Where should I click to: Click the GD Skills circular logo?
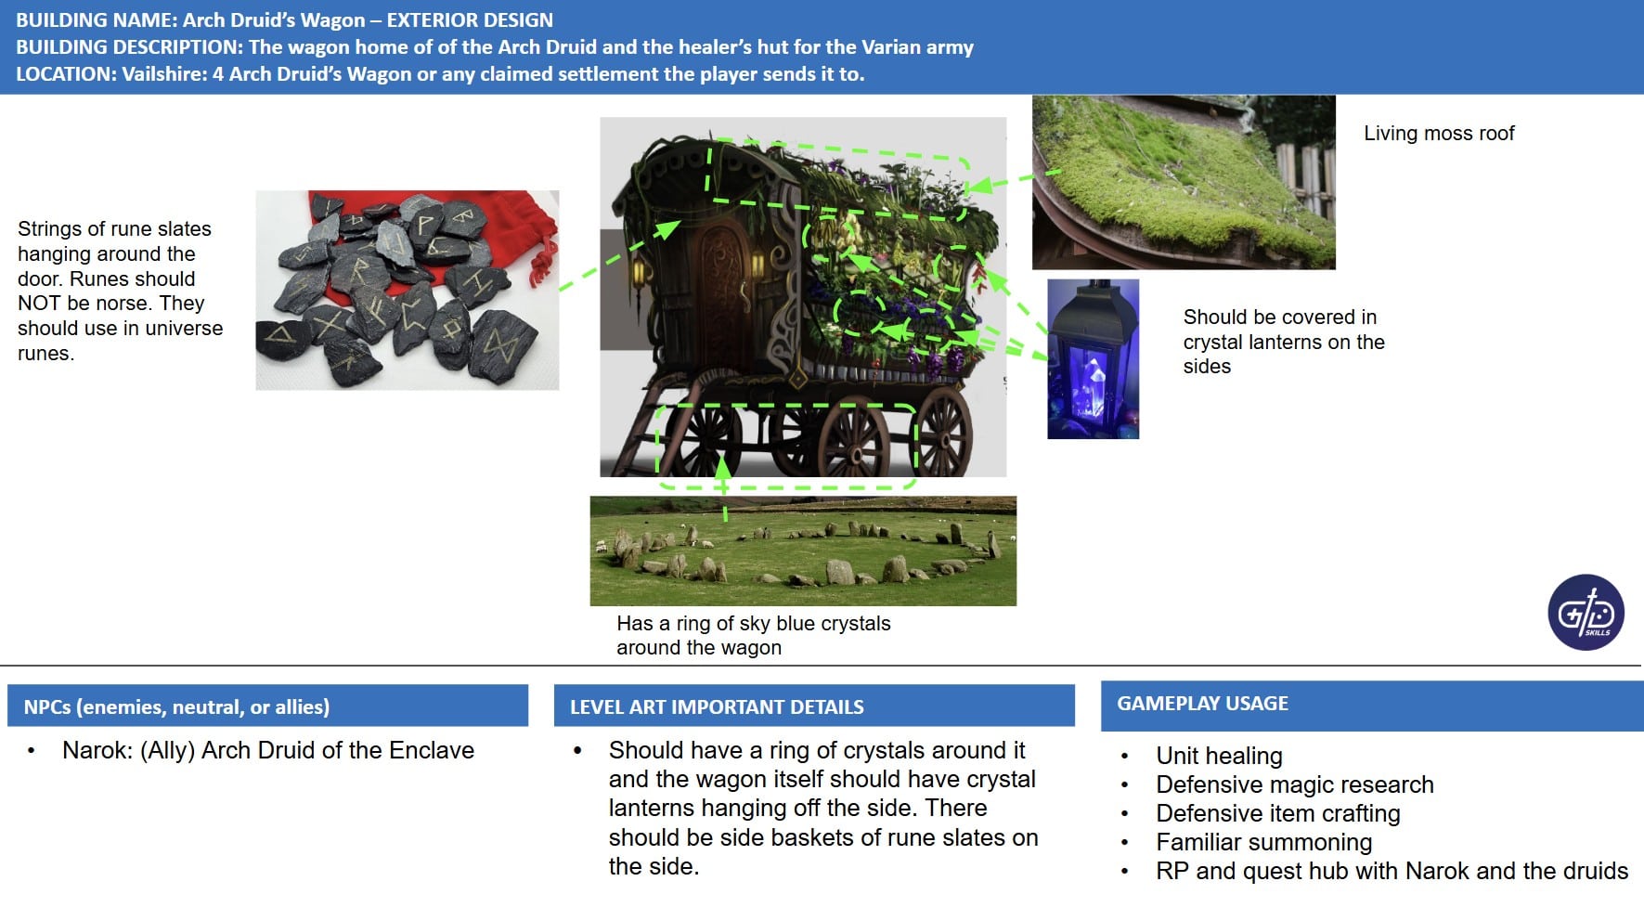[1586, 612]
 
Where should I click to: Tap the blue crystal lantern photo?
[1093, 358]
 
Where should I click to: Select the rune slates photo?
[407, 290]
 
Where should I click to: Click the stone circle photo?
[803, 551]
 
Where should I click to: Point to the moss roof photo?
[1184, 182]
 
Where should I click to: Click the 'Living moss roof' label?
[1439, 134]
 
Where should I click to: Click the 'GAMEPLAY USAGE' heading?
[1202, 704]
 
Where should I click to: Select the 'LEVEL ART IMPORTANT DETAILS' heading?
[717, 707]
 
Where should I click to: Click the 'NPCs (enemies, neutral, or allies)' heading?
[176, 707]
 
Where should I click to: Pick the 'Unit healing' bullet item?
[1219, 757]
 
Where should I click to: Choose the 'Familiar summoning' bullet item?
[1263, 843]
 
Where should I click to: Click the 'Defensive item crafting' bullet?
[1277, 814]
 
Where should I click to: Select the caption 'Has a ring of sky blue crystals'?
[753, 624]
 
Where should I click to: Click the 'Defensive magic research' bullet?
[1294, 785]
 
